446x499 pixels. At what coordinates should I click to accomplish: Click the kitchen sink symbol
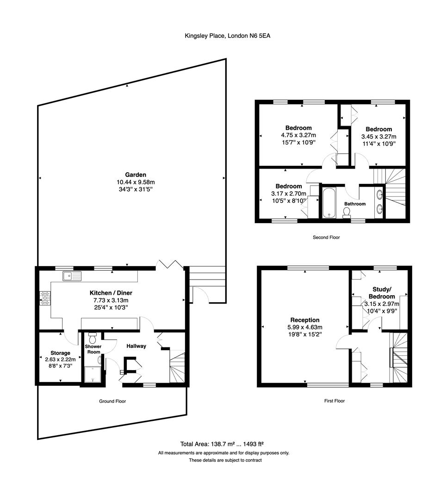72,276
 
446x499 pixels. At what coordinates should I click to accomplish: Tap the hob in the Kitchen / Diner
45,298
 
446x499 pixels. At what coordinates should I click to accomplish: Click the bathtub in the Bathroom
329,203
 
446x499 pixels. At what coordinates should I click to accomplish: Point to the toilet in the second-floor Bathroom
346,213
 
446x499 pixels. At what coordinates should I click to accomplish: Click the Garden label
136,175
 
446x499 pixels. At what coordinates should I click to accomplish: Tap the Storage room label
60,353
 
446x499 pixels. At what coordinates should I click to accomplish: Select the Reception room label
305,320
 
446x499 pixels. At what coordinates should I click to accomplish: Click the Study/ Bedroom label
382,293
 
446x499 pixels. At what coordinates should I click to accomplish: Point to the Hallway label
136,346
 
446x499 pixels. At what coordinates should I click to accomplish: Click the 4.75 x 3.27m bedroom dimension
298,135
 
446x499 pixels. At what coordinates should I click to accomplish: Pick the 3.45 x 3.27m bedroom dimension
379,136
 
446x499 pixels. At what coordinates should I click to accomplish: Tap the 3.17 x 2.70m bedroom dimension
289,194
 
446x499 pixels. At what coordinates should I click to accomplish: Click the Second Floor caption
326,237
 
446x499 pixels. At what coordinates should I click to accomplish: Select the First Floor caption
334,401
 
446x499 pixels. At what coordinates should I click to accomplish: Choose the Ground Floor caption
112,402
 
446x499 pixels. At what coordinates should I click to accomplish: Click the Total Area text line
222,444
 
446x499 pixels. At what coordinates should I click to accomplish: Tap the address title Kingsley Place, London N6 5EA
228,36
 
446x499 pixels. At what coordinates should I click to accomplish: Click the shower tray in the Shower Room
93,374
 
